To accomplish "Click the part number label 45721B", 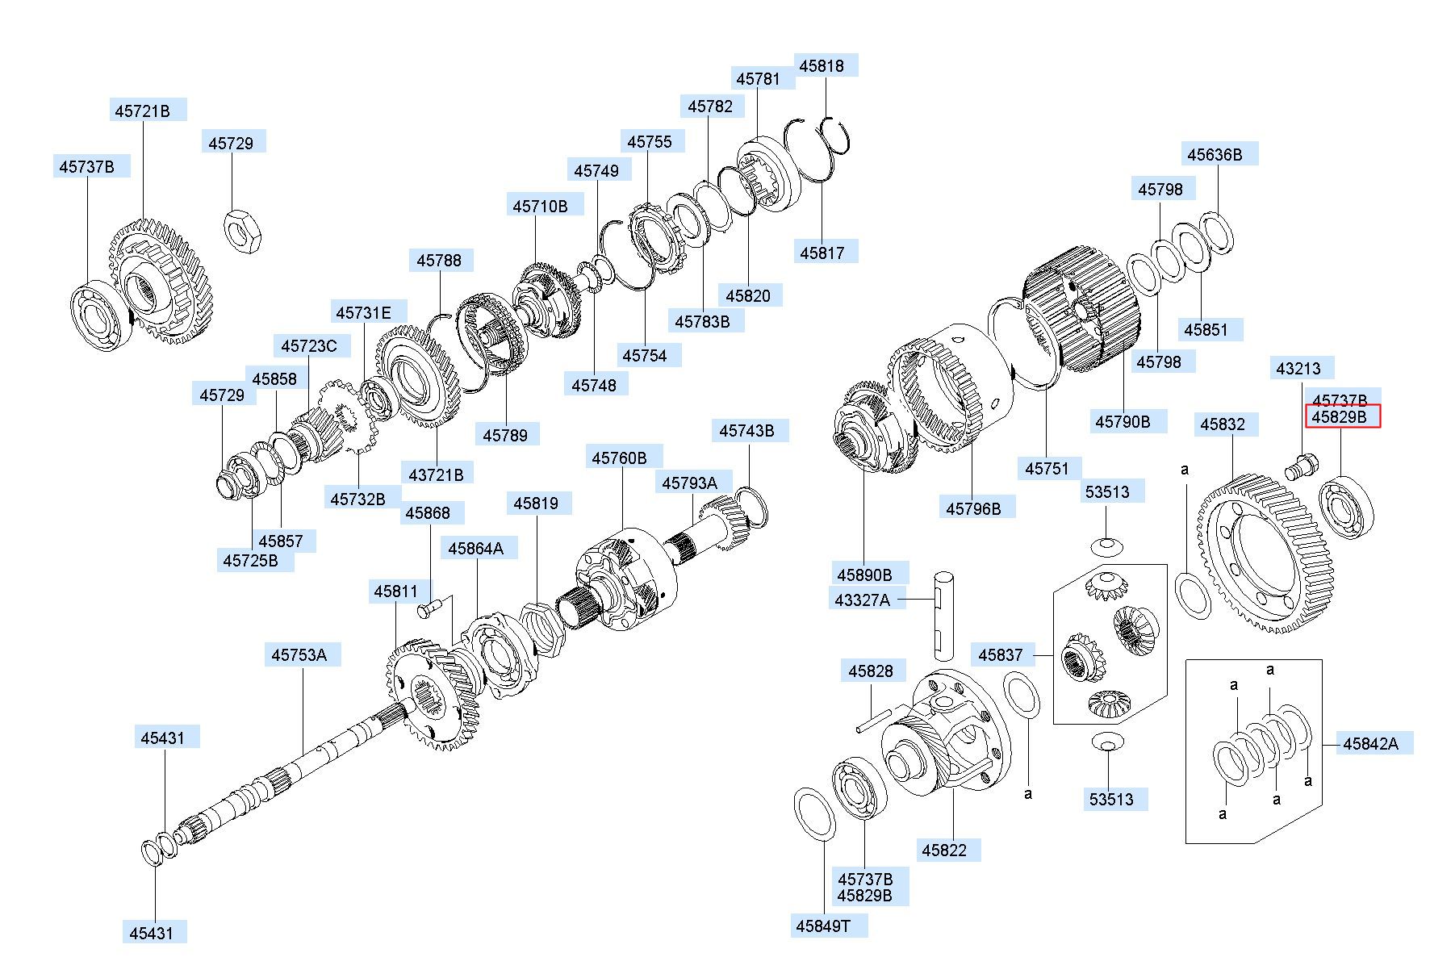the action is pyautogui.click(x=143, y=111).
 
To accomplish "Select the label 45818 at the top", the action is pyautogui.click(x=822, y=66).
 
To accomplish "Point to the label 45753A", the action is pyautogui.click(x=299, y=654).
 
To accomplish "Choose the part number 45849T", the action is pyautogui.click(x=823, y=926).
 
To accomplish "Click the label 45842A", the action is pyautogui.click(x=1370, y=743).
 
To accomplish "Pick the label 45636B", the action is pyautogui.click(x=1215, y=154).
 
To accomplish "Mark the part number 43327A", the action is pyautogui.click(x=862, y=600).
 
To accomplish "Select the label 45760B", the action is pyautogui.click(x=619, y=458).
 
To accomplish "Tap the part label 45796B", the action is pyautogui.click(x=973, y=508).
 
